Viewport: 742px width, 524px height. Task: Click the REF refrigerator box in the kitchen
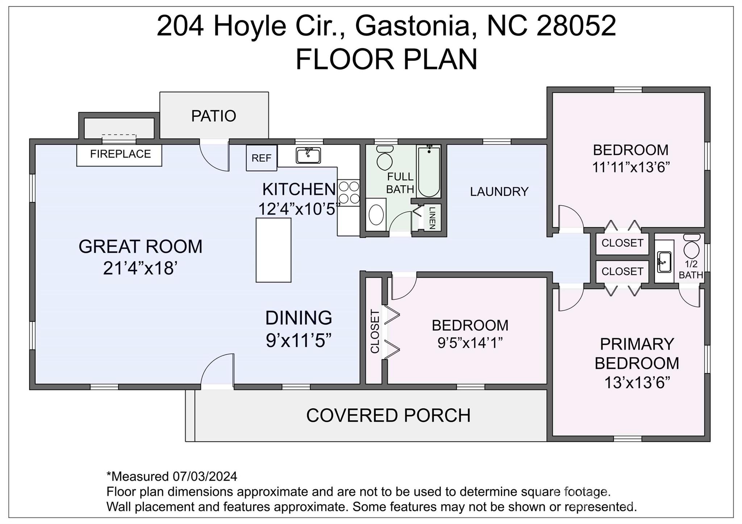[262, 158]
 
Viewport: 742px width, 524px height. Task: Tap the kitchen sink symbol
[308, 155]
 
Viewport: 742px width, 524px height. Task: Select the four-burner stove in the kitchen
[349, 193]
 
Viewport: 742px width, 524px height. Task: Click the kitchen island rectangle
[274, 250]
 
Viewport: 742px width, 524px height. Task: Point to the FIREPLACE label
[120, 154]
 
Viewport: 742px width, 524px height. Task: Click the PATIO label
[214, 116]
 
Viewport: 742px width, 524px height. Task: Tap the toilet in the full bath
[385, 158]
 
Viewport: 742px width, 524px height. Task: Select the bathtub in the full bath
[429, 171]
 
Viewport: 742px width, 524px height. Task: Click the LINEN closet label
[432, 218]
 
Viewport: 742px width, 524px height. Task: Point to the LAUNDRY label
[499, 191]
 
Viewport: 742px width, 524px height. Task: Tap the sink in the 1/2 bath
[664, 262]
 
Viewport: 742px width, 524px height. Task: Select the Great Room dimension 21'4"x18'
[140, 269]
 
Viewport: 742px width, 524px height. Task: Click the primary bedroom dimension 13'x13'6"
[637, 382]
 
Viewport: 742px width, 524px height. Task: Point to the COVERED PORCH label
[388, 415]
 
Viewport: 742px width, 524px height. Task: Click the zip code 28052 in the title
[576, 26]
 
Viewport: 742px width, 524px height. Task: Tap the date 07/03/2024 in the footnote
[205, 476]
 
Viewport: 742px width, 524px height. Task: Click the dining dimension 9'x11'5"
[299, 340]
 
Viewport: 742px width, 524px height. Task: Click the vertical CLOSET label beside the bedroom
[375, 331]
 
